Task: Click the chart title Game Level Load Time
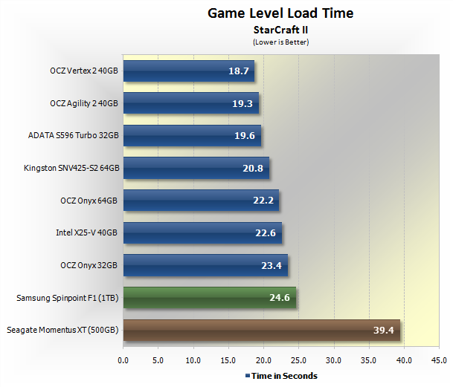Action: coord(280,13)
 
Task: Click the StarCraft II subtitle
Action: coord(280,30)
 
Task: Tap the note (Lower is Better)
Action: coord(280,42)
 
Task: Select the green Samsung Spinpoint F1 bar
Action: coord(209,298)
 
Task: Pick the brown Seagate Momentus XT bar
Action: coord(261,330)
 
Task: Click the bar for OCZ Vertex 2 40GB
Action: coord(188,71)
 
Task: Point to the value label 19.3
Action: coord(242,104)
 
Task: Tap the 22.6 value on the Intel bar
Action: coord(266,233)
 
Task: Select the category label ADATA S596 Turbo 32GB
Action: coord(73,136)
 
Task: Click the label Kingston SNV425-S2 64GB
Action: coord(71,169)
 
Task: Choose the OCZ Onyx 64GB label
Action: coord(89,201)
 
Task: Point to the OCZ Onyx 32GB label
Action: coord(89,265)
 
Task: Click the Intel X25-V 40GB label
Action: coord(87,233)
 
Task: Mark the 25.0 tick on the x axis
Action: coord(298,362)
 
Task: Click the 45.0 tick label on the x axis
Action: coord(439,362)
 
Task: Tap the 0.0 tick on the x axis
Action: coord(123,362)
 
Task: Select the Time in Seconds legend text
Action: coord(284,376)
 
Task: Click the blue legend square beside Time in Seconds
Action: coord(248,376)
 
